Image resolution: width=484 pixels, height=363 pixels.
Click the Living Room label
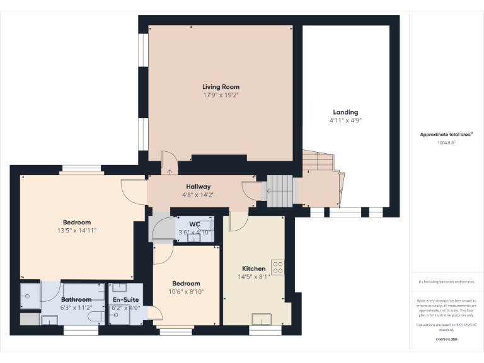(x=221, y=86)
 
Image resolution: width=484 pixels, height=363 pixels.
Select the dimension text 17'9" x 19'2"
(x=221, y=95)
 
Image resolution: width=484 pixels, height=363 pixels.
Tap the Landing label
(x=345, y=112)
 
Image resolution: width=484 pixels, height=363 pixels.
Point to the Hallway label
(x=198, y=187)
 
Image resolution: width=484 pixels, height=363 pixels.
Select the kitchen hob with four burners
(x=277, y=266)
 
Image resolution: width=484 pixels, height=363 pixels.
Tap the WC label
(x=194, y=224)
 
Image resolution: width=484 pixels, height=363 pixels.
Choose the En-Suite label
(x=125, y=300)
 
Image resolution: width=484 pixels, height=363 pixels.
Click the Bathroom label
(x=76, y=299)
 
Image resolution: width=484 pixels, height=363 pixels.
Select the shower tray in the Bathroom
(x=30, y=294)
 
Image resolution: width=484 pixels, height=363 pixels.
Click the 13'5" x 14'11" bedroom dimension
(x=77, y=231)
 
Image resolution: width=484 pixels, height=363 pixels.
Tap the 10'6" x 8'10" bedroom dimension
(x=186, y=292)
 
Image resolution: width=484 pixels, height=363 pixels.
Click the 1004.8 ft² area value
(x=446, y=142)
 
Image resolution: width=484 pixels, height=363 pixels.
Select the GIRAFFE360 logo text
(x=446, y=339)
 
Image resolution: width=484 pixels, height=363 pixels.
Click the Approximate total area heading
(x=446, y=134)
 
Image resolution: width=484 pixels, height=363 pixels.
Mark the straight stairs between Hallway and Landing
(x=280, y=191)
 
